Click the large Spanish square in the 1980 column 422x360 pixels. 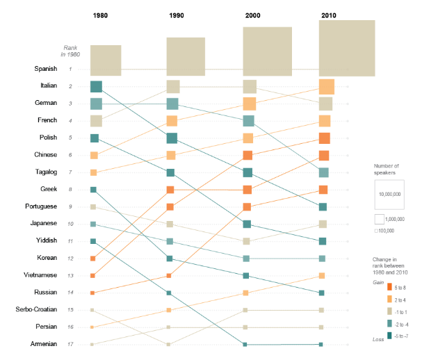[x=106, y=60]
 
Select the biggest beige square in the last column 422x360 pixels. [x=346, y=48]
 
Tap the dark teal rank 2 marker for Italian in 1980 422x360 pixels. [x=96, y=86]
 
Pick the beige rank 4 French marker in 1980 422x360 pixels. [x=96, y=120]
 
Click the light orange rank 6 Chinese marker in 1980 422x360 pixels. [x=94, y=155]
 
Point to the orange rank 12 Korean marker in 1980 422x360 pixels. [x=92, y=259]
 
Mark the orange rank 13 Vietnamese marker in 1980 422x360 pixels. [x=92, y=276]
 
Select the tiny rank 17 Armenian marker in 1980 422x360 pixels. [x=92, y=344]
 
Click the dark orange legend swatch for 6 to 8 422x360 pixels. [x=387, y=287]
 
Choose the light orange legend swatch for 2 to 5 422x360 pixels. [x=387, y=299]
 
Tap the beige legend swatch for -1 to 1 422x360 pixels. [x=387, y=311]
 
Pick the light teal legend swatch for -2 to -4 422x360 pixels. [x=387, y=323]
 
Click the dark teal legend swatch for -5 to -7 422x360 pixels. [x=387, y=335]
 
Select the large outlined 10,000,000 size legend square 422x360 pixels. [x=390, y=195]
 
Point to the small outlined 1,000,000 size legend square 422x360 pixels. [x=379, y=219]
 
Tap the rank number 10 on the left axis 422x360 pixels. [x=70, y=224]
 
